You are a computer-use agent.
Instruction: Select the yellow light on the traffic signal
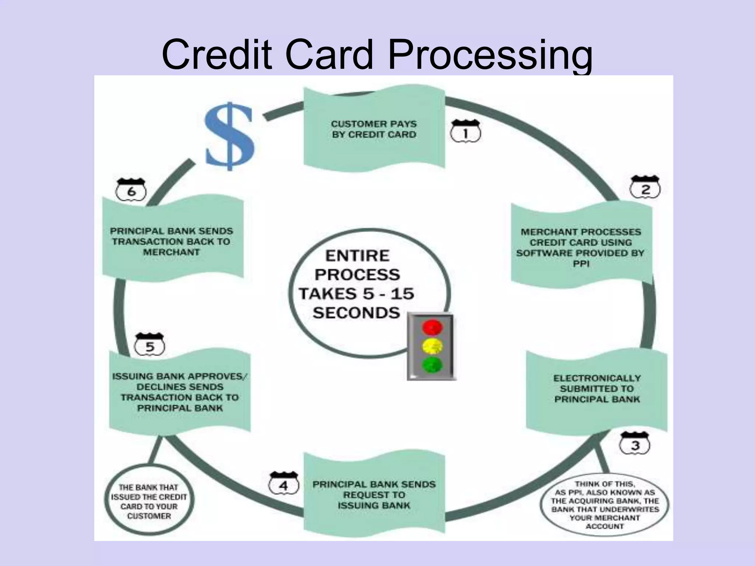pos(432,346)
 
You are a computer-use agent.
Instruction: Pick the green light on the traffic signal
pos(432,364)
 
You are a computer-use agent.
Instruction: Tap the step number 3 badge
pos(635,444)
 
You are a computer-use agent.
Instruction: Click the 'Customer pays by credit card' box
pos(374,129)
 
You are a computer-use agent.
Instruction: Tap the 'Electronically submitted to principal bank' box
pos(596,389)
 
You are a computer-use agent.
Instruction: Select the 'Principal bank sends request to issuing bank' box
pos(374,495)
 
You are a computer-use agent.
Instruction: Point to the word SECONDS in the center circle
pos(356,313)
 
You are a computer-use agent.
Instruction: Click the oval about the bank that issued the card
pos(149,502)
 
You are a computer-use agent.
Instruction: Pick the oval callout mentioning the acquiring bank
pos(605,505)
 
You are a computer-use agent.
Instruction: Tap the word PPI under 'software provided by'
pos(581,264)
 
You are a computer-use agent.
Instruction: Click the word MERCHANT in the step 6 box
pos(171,252)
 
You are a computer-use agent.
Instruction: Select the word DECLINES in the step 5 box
pos(180,387)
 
